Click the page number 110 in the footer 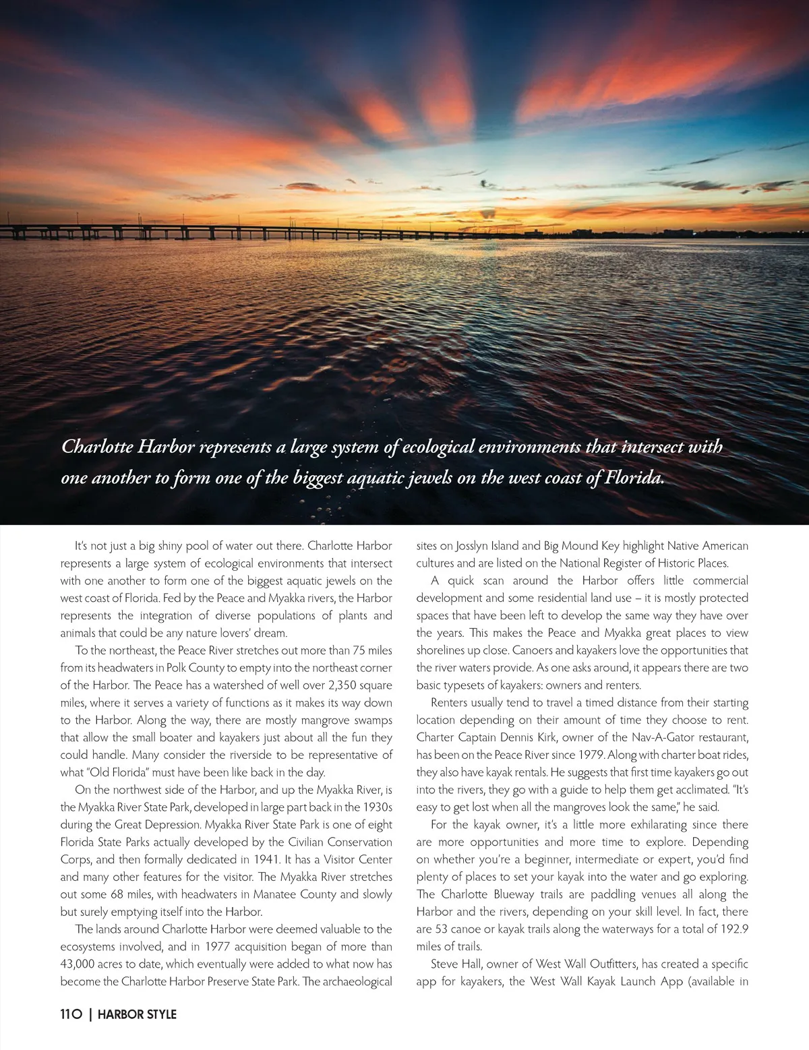(x=71, y=1014)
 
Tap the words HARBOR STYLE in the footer (x=137, y=1014)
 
